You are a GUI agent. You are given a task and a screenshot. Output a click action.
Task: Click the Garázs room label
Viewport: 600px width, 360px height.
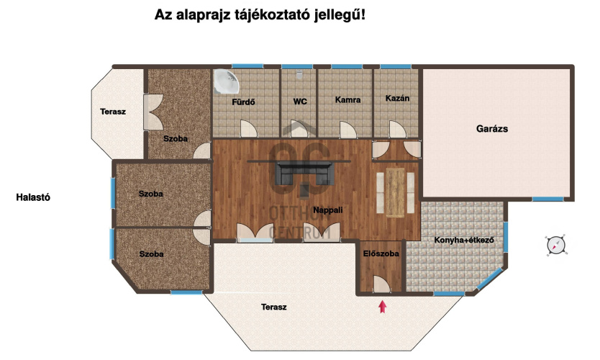pos(491,129)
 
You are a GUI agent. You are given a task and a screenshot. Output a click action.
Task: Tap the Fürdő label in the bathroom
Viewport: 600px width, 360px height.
pos(243,102)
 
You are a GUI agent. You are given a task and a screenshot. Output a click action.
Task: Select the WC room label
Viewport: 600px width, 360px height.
pos(300,102)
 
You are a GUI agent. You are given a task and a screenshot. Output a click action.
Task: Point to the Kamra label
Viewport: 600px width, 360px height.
pos(347,99)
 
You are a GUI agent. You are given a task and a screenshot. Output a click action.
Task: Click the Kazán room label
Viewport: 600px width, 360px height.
pos(397,98)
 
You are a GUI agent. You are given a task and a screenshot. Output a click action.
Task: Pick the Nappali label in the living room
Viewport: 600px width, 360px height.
pos(327,210)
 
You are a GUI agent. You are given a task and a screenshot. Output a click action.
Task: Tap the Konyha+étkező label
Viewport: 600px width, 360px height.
pos(464,240)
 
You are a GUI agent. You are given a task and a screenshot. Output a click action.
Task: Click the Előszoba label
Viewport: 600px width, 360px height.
pos(381,253)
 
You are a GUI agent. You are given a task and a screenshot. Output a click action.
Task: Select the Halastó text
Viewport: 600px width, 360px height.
pos(33,197)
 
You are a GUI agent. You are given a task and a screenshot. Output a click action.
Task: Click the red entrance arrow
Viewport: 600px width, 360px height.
pos(382,307)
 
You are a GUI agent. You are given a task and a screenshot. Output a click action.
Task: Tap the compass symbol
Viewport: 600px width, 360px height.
pos(555,245)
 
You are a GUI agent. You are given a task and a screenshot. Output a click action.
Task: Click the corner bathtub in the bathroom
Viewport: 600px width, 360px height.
pos(226,81)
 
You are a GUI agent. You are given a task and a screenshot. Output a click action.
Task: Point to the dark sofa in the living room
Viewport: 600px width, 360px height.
pos(304,173)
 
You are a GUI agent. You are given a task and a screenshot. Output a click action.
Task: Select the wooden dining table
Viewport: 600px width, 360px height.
pos(395,193)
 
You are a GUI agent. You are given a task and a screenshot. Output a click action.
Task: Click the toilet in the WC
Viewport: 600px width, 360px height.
pos(299,74)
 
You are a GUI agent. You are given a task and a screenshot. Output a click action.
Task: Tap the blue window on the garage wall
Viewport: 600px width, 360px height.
pos(547,199)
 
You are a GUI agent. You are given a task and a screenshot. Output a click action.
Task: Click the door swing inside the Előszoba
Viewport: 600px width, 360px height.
pos(381,284)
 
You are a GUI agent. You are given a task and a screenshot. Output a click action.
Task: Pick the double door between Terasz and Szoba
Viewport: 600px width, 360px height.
pos(153,112)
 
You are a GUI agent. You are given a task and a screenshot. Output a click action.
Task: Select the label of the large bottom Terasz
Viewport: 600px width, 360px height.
pos(273,307)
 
